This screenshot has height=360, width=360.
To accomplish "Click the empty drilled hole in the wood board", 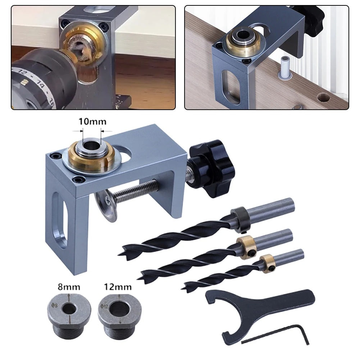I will coord(324,97).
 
